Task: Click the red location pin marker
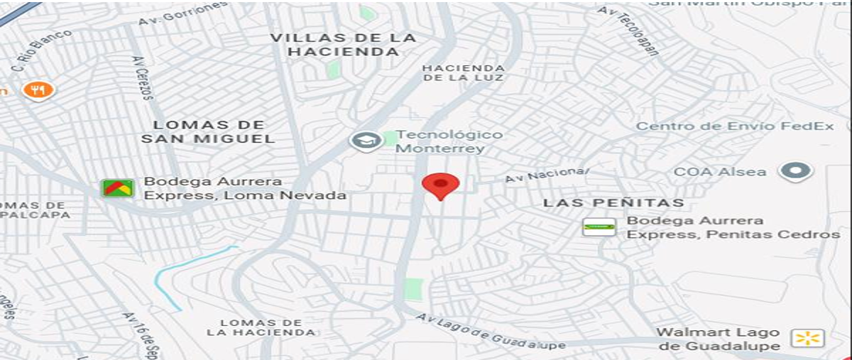[x=440, y=185]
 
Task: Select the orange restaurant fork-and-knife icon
[x=38, y=90]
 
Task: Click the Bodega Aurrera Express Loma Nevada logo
[x=117, y=188]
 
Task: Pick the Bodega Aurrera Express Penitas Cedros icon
[x=599, y=227]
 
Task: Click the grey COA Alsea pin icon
[x=795, y=171]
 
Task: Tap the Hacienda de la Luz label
[x=463, y=72]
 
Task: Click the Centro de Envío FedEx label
[x=734, y=126]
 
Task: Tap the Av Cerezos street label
[x=143, y=78]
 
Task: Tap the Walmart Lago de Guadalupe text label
[x=717, y=339]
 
